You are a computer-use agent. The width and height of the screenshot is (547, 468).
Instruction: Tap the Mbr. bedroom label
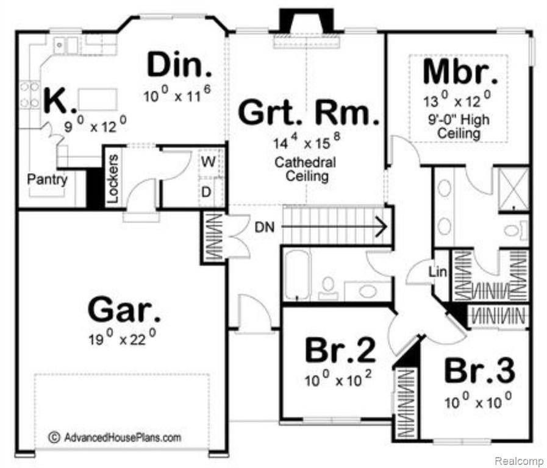coord(460,73)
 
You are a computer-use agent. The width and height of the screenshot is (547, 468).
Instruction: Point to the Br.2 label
coord(340,350)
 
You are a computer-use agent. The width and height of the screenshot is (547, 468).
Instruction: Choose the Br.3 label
coord(479,370)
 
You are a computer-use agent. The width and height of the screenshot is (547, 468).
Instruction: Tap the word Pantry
coord(48,180)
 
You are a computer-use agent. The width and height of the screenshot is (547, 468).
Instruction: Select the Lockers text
coord(113,179)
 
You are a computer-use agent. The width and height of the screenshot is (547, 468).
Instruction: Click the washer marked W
coord(209,162)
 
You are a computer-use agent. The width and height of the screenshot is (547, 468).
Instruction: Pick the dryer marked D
coord(207,192)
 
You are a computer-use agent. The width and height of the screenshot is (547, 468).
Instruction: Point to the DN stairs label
coord(265,227)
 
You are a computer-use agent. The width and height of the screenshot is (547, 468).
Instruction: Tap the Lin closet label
coord(437,271)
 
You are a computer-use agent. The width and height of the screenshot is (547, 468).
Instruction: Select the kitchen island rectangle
coord(98,100)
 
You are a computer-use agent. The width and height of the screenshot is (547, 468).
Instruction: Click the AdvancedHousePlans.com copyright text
coord(115,438)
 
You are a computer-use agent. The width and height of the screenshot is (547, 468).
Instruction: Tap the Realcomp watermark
coord(520,461)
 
